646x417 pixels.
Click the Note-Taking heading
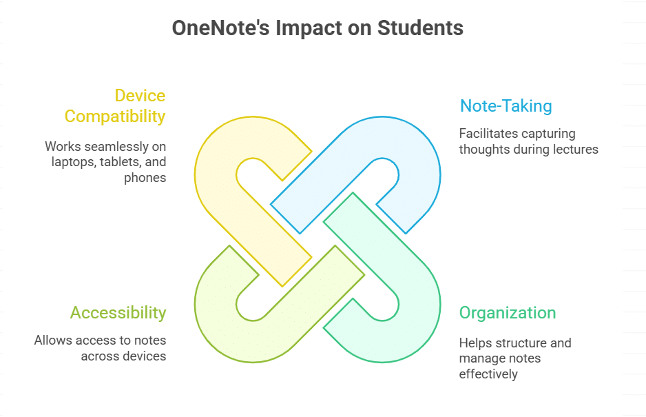click(506, 106)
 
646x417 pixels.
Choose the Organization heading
click(507, 312)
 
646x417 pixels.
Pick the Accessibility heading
click(118, 312)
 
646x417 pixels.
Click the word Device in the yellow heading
click(140, 95)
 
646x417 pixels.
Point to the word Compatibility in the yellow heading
click(115, 116)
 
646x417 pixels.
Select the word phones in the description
click(145, 178)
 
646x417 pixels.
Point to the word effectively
click(488, 374)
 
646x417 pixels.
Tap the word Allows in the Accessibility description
click(51, 340)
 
